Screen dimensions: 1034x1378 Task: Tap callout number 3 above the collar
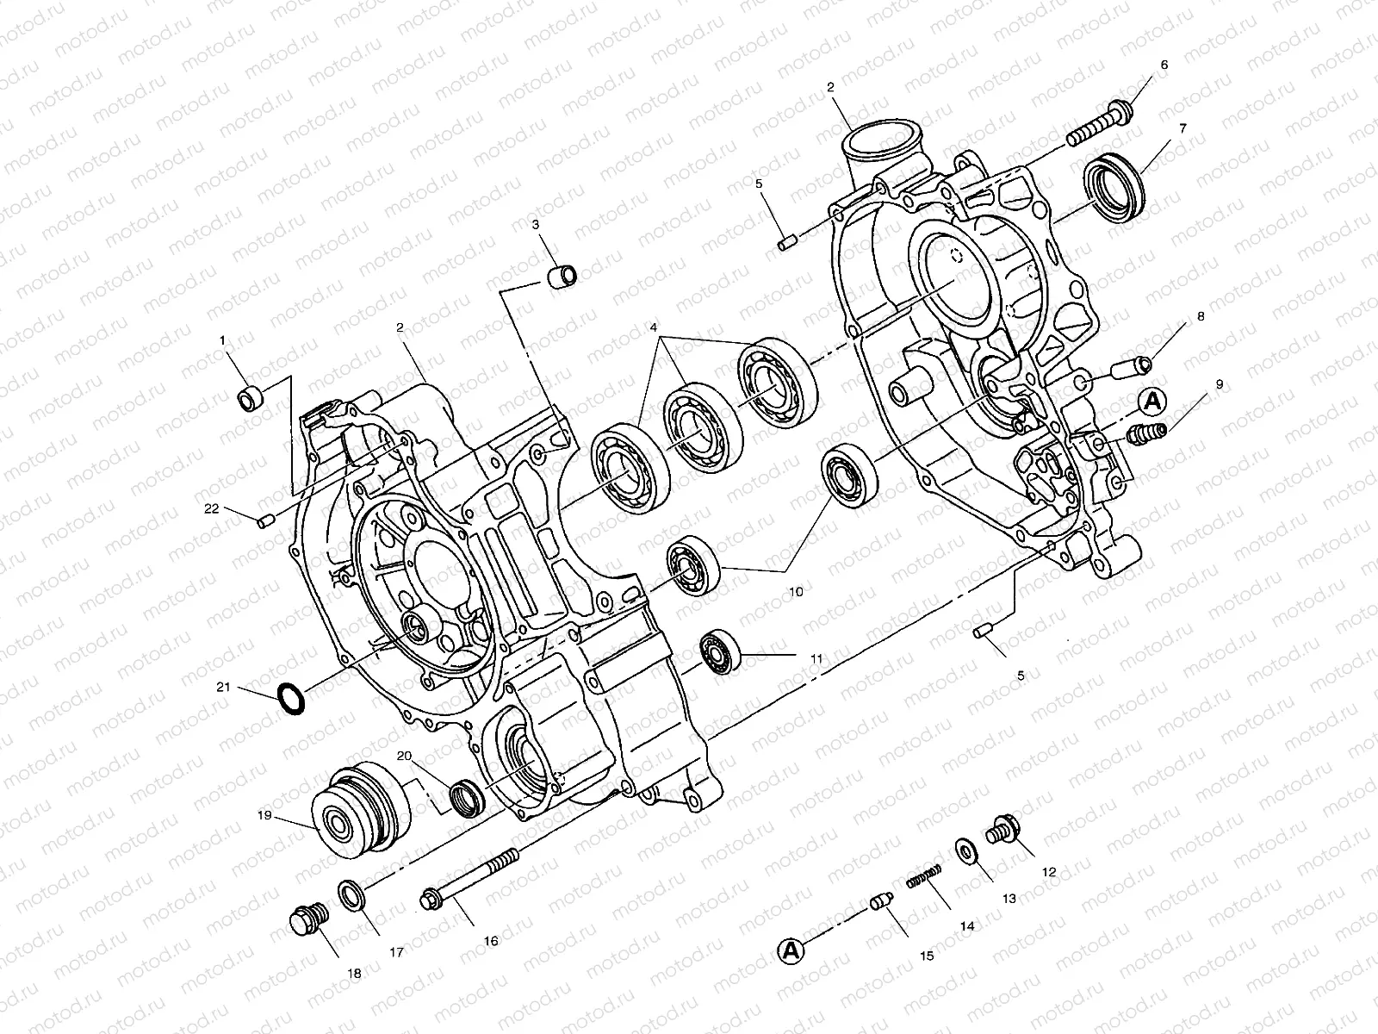coord(536,225)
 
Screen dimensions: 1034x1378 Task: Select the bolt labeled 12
coord(1004,829)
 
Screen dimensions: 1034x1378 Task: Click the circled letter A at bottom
coord(790,950)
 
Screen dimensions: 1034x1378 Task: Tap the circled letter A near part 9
coord(1153,401)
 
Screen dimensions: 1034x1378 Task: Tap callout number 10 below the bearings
coord(795,592)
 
